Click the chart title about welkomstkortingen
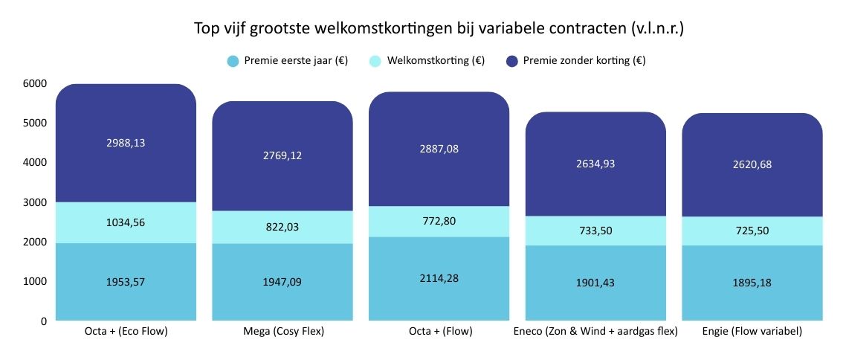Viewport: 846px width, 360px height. point(439,29)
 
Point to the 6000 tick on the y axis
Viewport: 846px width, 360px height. point(35,83)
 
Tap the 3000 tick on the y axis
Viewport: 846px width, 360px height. point(35,202)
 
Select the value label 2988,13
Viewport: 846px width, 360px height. point(126,143)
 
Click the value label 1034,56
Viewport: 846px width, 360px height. point(126,222)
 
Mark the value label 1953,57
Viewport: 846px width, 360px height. point(126,282)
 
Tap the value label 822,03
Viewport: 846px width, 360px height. point(282,227)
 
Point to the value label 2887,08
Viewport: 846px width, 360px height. point(439,149)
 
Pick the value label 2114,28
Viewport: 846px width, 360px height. point(439,279)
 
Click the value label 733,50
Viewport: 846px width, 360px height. point(595,231)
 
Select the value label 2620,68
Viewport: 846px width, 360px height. point(752,164)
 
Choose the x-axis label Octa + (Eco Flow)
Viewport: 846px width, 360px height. point(126,332)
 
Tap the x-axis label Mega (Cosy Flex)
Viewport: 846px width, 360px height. point(282,332)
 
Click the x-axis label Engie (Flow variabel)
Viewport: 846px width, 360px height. point(752,332)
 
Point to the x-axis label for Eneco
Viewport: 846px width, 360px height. point(595,332)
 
